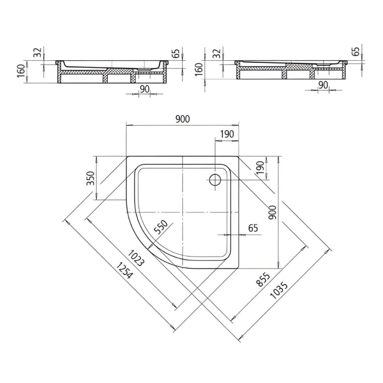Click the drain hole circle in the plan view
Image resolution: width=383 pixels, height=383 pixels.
point(215,179)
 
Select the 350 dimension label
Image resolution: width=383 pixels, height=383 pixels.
point(91,179)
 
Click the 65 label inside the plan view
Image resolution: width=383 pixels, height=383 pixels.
point(253,227)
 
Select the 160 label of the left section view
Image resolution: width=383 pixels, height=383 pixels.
point(21,71)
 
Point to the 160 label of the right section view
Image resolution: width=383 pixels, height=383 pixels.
point(199,68)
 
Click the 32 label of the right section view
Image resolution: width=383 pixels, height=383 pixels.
point(216,53)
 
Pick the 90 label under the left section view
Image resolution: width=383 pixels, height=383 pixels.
point(144,89)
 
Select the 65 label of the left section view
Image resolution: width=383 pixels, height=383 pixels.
point(176,54)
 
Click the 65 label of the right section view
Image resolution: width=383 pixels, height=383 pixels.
point(356,51)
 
